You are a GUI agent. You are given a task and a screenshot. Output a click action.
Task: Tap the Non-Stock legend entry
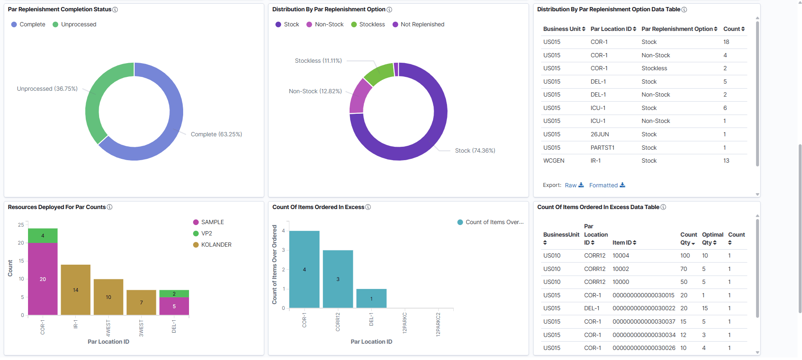pos(325,25)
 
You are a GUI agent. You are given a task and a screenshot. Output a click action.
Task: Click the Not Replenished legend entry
pos(418,25)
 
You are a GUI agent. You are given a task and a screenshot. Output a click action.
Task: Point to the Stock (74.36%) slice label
pos(475,151)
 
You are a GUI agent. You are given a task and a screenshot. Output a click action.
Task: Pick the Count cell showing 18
pos(726,42)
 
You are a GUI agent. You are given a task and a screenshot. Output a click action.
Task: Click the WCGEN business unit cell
pos(554,161)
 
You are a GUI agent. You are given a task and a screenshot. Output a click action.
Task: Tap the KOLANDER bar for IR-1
pos(76,289)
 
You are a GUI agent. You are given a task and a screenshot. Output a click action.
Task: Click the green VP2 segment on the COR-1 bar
pos(43,235)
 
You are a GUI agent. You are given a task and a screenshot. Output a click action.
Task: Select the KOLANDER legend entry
pos(212,245)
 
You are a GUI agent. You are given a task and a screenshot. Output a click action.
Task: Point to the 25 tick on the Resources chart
pos(21,225)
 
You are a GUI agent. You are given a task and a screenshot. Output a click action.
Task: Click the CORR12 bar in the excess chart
pos(338,279)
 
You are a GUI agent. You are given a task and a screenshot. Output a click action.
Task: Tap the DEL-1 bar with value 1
pos(371,299)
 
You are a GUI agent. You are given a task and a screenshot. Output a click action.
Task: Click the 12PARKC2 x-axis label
pos(438,324)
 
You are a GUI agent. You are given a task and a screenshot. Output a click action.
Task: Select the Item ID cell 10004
pos(621,255)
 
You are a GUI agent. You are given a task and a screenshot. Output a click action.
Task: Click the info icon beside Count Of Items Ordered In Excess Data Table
pos(663,207)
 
